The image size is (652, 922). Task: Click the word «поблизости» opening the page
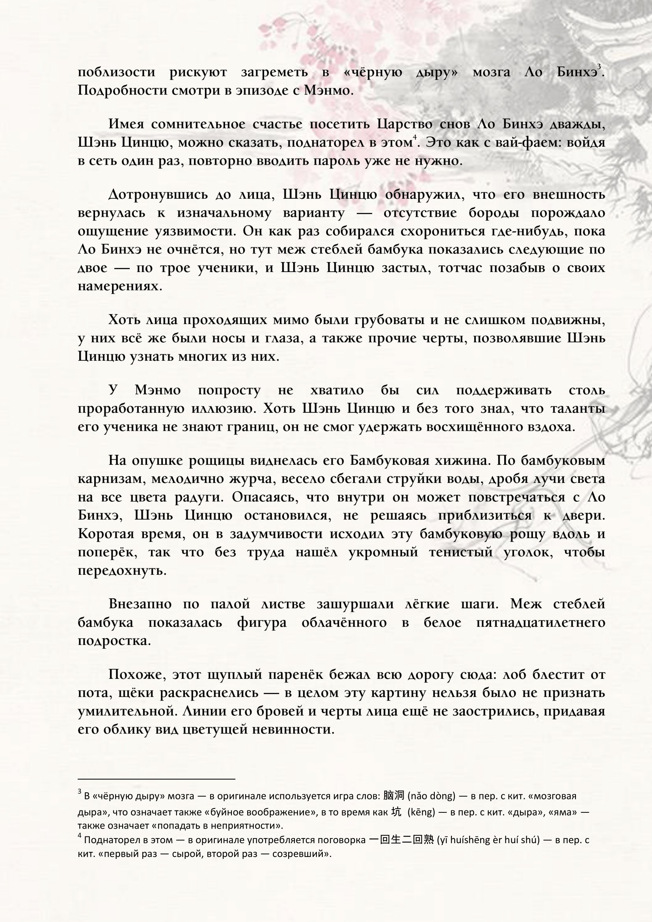pos(116,72)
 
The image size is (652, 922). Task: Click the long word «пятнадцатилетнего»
pos(540,622)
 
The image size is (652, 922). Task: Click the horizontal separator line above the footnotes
pos(156,779)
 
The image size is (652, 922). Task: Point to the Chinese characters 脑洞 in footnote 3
pos(394,795)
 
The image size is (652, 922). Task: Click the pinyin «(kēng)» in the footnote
pos(421,812)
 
